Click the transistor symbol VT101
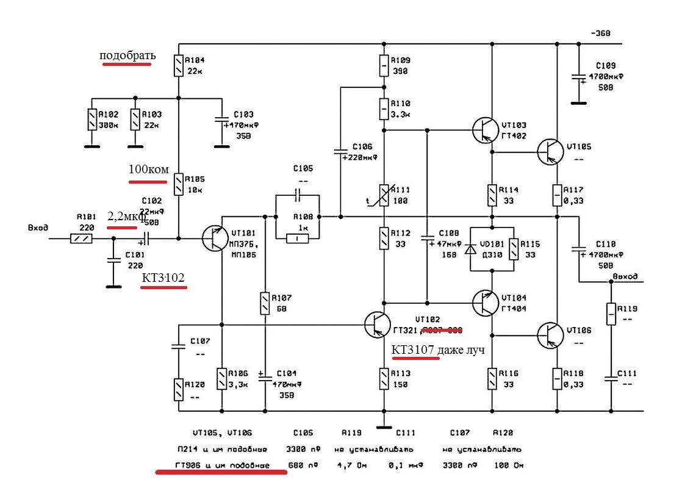coord(215,239)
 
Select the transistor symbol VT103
coord(486,129)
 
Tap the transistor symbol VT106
coord(550,334)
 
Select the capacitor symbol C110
coord(578,249)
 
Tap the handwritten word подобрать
coord(128,56)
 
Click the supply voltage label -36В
coord(600,33)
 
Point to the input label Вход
coord(38,228)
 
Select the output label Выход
coord(624,276)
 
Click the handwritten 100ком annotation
coord(148,169)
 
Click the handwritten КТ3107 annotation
coord(412,350)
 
